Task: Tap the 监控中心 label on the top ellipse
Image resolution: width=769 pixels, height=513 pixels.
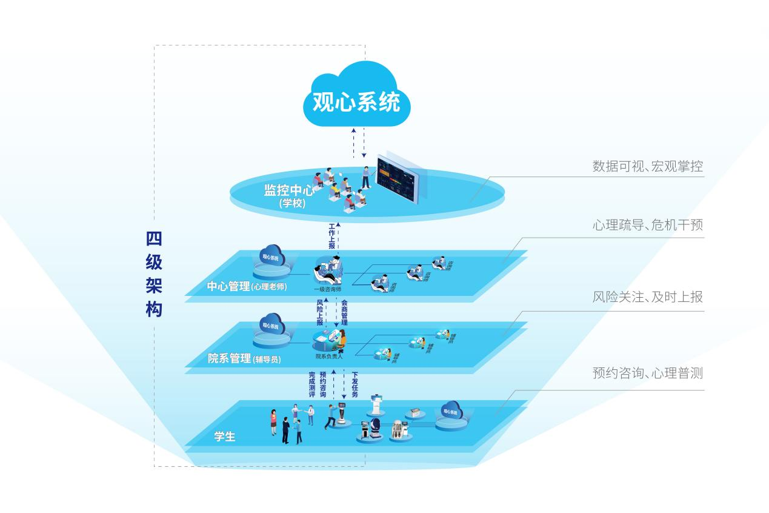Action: coord(288,190)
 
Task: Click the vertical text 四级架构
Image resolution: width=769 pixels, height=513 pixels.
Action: coord(154,274)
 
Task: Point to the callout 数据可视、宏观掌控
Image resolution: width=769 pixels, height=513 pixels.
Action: coord(647,166)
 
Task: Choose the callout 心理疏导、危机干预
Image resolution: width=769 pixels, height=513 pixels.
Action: coord(647,225)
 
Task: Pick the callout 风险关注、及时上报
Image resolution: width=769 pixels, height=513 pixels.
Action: coord(647,297)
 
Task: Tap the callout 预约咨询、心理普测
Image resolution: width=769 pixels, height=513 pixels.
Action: coord(647,373)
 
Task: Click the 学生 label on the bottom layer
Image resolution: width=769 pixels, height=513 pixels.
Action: coord(225,437)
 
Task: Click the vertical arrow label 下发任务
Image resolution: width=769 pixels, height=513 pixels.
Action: coord(355,385)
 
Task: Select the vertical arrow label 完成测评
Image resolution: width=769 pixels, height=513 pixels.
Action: coord(312,385)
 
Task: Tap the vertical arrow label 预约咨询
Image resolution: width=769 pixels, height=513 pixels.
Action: coord(323,385)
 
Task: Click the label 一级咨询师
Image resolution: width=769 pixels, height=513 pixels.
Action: coord(327,289)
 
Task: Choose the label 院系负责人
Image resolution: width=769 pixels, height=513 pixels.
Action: coord(329,357)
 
